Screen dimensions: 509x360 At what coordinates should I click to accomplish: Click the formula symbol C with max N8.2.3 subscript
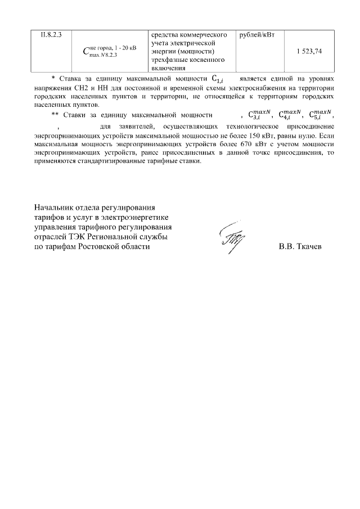click(109, 52)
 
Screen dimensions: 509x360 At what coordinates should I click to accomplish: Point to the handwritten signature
click(230, 239)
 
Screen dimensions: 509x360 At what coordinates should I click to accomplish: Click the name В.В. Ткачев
click(301, 247)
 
